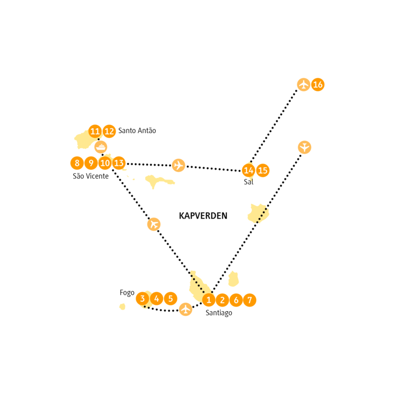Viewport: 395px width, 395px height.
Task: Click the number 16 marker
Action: point(318,84)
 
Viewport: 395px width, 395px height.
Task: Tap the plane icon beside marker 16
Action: point(304,84)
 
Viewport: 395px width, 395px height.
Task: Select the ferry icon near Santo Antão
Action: point(101,147)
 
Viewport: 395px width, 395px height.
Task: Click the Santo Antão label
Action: point(137,131)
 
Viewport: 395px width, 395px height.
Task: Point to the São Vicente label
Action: point(91,176)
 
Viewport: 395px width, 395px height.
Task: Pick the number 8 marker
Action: point(77,164)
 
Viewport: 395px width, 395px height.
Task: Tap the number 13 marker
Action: point(119,164)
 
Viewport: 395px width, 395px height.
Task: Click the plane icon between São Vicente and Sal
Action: point(178,165)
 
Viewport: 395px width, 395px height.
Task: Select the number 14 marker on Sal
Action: point(248,170)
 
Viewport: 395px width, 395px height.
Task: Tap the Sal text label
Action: point(249,182)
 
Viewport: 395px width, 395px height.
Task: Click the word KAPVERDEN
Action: point(203,216)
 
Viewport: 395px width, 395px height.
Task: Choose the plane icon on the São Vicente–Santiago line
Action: point(154,224)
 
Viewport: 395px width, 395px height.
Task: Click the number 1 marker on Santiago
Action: point(208,300)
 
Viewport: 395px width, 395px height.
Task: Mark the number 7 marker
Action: point(249,300)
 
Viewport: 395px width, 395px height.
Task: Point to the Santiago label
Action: point(219,313)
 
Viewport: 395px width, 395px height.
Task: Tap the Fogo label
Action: point(127,293)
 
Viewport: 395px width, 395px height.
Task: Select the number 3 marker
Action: point(142,298)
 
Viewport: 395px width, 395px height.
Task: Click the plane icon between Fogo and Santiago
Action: point(186,309)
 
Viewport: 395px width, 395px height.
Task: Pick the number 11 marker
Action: point(95,131)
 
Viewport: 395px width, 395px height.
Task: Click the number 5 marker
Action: point(170,298)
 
